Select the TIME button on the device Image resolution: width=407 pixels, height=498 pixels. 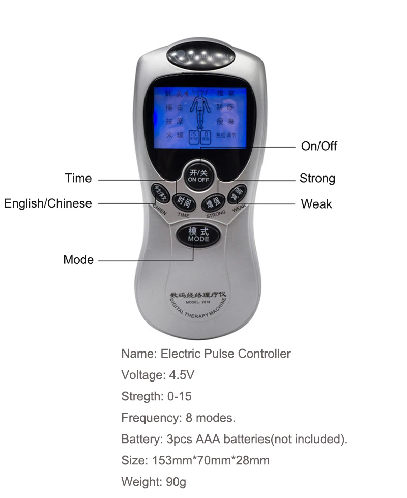click(184, 202)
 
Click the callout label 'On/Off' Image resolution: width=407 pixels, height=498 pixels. click(319, 147)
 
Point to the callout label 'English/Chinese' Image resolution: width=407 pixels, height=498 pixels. click(48, 203)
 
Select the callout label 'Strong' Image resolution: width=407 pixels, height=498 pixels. click(317, 179)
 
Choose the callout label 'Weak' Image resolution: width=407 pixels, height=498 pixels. click(316, 204)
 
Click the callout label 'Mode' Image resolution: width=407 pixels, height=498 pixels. click(78, 260)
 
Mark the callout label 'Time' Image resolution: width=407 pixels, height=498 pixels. click(78, 179)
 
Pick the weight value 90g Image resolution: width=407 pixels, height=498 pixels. click(176, 482)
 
